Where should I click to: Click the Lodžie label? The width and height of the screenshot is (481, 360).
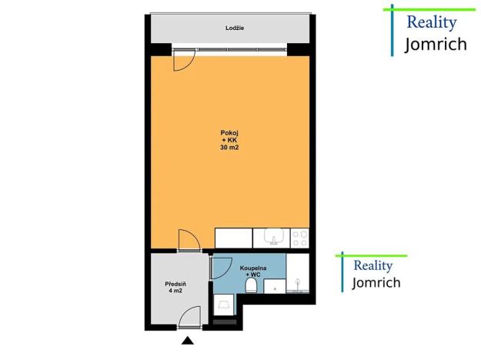[235, 28]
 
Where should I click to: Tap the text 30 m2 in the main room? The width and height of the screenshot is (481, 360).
[230, 147]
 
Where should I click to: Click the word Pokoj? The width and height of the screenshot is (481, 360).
[230, 133]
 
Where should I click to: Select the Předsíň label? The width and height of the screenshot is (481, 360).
[175, 284]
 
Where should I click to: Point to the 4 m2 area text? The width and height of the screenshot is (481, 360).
[175, 292]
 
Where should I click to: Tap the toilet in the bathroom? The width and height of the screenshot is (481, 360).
[251, 286]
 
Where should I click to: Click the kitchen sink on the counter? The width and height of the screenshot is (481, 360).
[273, 238]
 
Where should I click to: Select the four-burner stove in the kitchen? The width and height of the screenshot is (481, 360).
[300, 238]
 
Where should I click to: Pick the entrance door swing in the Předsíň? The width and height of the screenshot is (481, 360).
[189, 317]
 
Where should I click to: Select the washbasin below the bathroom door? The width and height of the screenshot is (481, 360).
[223, 305]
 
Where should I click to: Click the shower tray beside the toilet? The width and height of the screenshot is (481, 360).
[274, 286]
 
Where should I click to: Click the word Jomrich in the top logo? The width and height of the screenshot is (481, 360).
[436, 43]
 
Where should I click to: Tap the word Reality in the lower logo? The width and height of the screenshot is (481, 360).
[372, 265]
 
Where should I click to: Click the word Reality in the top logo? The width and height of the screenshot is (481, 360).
[430, 22]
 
